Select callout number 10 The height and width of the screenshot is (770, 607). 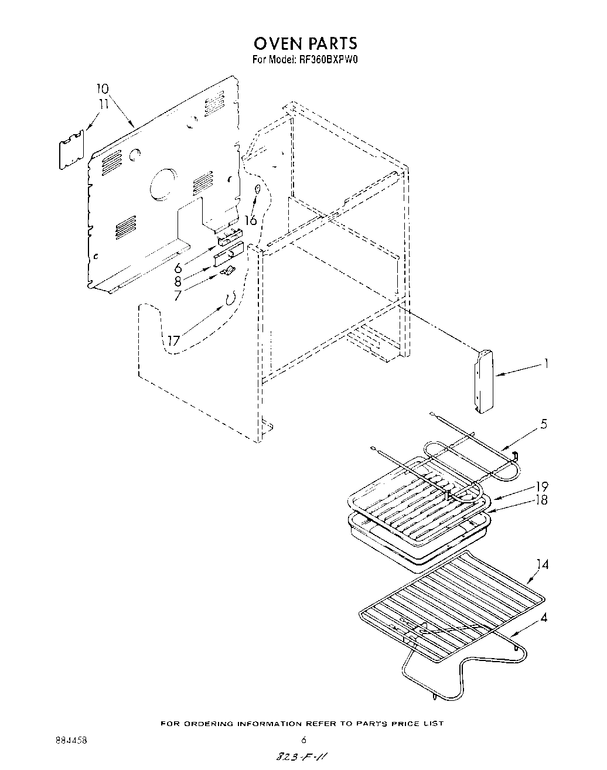tap(102, 89)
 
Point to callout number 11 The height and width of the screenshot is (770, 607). tap(104, 104)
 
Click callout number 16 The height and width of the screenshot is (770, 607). tap(250, 220)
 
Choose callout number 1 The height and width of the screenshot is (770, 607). tap(546, 364)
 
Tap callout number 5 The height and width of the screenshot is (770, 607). tap(544, 424)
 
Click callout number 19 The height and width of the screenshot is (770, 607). tap(541, 487)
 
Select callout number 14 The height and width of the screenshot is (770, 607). tap(543, 565)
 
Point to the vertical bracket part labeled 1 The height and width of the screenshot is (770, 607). tap(483, 381)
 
